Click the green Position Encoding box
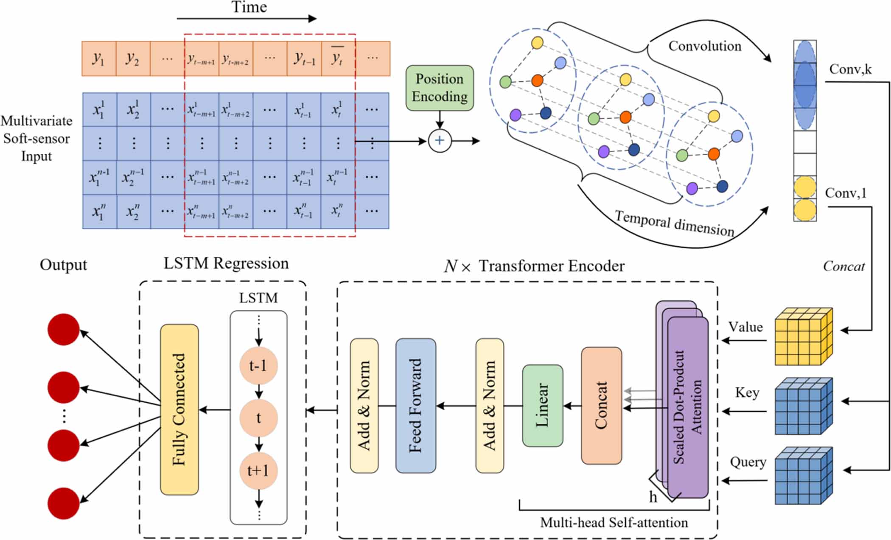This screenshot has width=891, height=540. point(439,88)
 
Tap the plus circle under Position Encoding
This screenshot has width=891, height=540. point(440,141)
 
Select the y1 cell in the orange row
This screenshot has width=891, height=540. point(98,58)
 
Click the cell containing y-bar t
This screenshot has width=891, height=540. point(338,58)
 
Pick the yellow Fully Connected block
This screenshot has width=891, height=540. point(179,409)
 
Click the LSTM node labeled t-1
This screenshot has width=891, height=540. point(258,365)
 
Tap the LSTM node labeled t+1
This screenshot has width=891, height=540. point(258,470)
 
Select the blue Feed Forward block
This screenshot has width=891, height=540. point(415,405)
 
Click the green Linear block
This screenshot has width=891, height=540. point(542,405)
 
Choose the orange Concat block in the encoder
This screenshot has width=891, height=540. point(601,405)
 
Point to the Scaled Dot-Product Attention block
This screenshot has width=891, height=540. point(687,407)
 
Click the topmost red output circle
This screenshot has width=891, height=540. point(64,329)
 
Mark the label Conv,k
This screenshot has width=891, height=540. point(850,69)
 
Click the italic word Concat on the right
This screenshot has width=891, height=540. point(843,267)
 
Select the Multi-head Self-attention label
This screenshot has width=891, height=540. point(614,523)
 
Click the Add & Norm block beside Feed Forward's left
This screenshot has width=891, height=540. point(364,405)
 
